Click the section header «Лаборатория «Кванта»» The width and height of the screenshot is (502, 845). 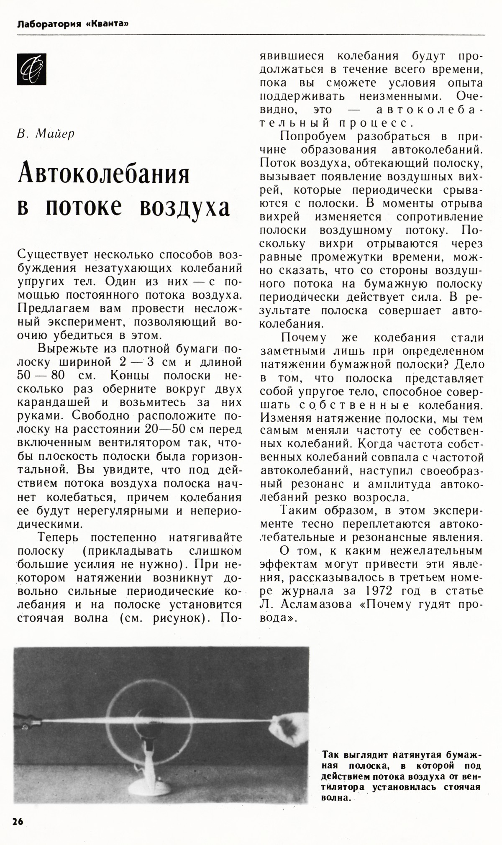72,24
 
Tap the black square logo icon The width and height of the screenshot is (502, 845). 31,69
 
